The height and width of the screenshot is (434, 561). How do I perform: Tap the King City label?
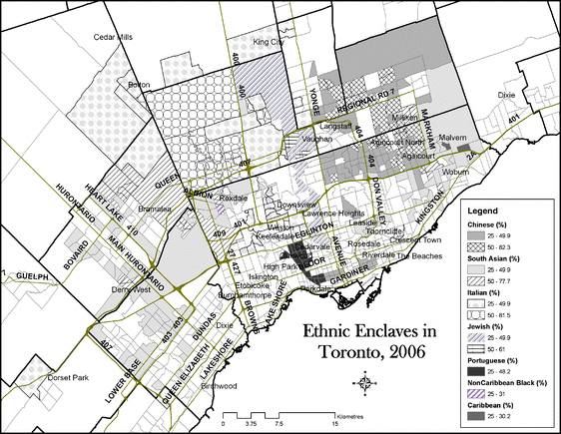269,42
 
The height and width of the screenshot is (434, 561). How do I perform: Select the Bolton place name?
139,85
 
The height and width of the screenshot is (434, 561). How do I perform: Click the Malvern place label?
452,137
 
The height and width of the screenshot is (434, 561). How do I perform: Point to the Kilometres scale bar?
279,412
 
